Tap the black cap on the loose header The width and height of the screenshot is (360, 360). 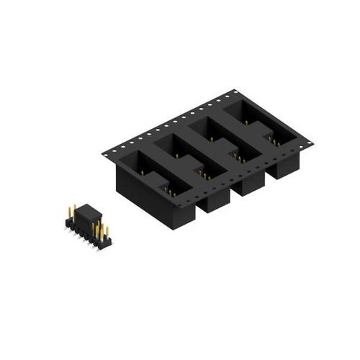coord(87,214)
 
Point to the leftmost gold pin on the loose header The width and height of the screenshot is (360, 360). coord(72,211)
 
